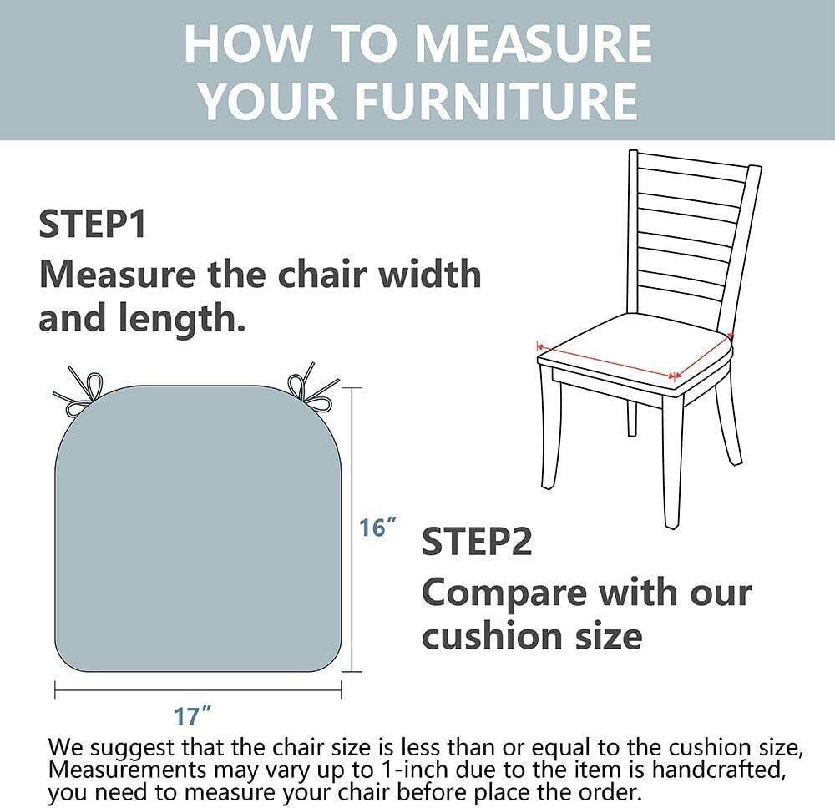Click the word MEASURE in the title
point(533,44)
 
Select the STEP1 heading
point(92,224)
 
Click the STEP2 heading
point(477,542)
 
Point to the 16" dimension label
point(377,528)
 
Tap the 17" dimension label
point(192,716)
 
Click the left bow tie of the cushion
point(80,391)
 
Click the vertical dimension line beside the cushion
point(352,529)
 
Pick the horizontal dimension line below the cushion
point(198,691)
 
